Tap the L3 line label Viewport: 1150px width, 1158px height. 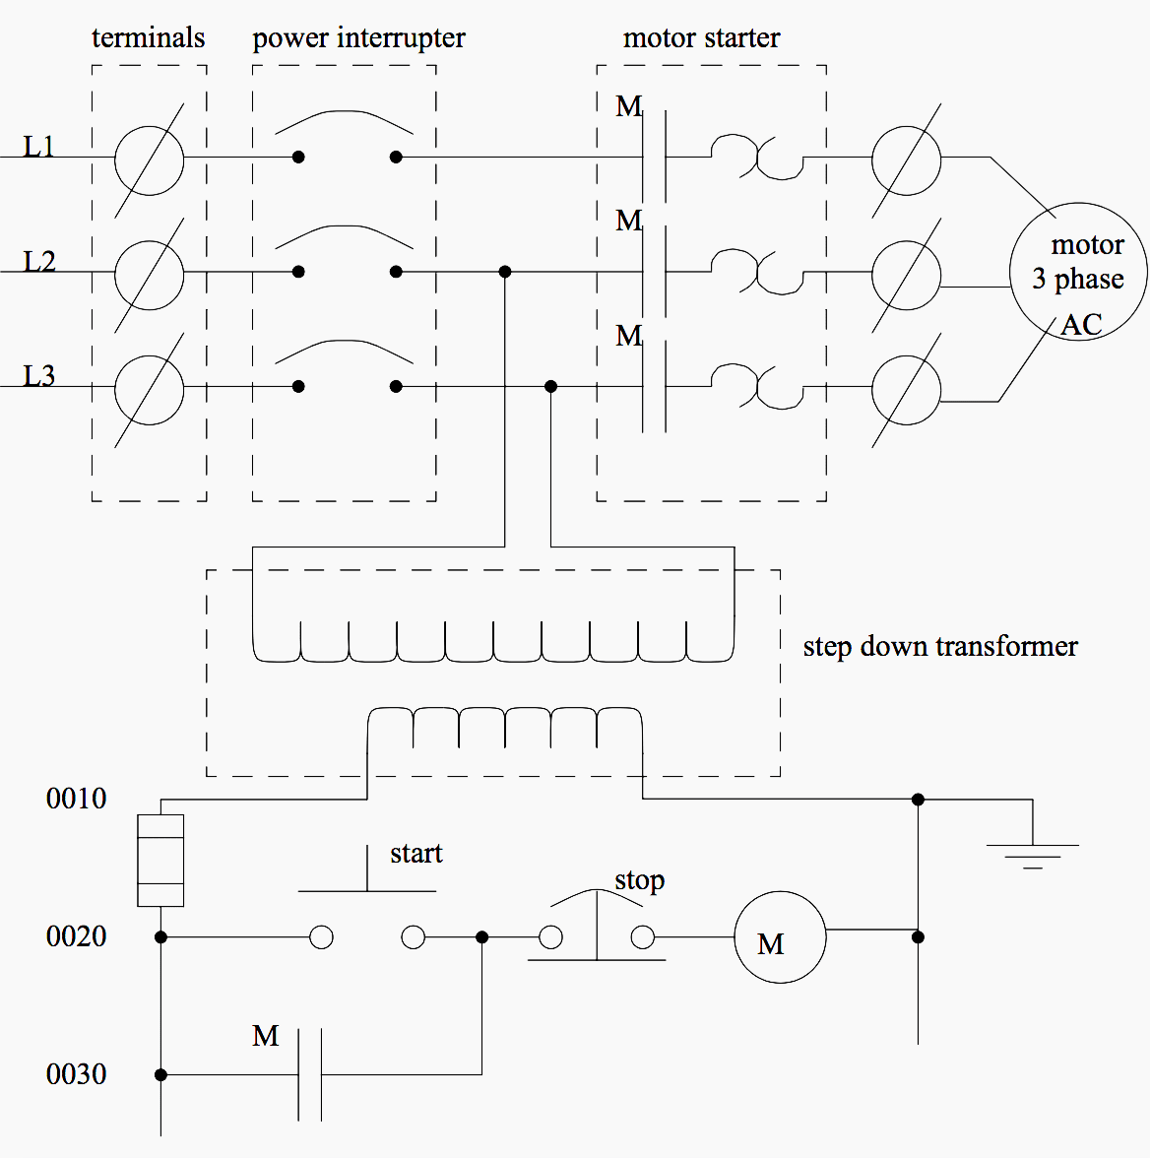tap(39, 375)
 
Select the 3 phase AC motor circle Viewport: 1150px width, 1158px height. tap(1078, 272)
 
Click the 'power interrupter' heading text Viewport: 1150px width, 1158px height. tap(358, 38)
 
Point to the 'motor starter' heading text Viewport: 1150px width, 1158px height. tap(701, 38)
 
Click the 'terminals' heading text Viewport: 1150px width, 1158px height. tap(149, 38)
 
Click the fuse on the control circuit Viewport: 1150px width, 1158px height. tap(160, 861)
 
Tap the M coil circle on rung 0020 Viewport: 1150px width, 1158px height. tap(780, 937)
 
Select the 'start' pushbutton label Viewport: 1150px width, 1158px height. tap(415, 853)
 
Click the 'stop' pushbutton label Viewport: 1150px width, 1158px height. tap(639, 879)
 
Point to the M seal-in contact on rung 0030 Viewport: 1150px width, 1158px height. tap(310, 1074)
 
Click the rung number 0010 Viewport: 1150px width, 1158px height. tap(76, 799)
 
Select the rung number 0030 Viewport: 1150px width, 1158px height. tap(76, 1074)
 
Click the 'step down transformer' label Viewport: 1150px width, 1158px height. tap(940, 647)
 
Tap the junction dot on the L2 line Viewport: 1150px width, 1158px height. tap(505, 272)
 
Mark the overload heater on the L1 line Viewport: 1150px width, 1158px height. tap(756, 158)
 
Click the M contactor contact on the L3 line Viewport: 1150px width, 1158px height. tap(654, 387)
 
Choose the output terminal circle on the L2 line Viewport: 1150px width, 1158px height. tap(906, 274)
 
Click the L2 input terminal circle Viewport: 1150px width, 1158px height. tap(149, 274)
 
